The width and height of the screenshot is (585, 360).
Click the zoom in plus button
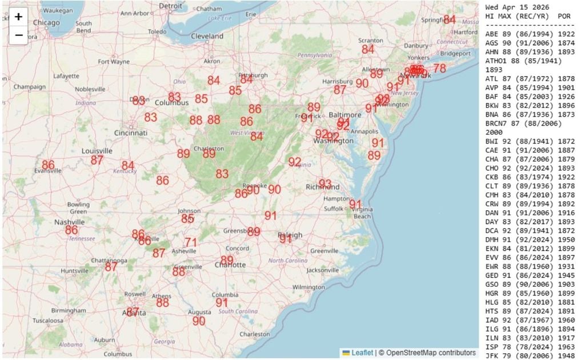pyautogui.click(x=18, y=17)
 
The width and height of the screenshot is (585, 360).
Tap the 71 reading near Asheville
pyautogui.click(x=191, y=242)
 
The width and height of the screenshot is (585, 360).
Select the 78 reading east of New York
pyautogui.click(x=439, y=68)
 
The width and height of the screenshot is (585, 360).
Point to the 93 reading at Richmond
pyautogui.click(x=325, y=183)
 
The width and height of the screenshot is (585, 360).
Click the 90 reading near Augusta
pyautogui.click(x=199, y=321)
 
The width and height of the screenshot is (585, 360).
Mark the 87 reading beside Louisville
pyautogui.click(x=97, y=160)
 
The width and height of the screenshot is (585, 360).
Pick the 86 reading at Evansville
pyautogui.click(x=49, y=165)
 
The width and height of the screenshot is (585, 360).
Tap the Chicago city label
pyautogui.click(x=46, y=22)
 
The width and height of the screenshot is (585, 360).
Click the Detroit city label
pyautogui.click(x=171, y=6)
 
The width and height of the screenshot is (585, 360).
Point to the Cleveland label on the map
pyautogui.click(x=207, y=36)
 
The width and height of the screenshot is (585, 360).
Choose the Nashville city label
pyautogui.click(x=70, y=222)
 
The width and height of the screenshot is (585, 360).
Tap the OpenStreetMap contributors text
pyautogui.click(x=431, y=353)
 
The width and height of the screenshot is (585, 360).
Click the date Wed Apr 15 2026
pyautogui.click(x=517, y=7)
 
